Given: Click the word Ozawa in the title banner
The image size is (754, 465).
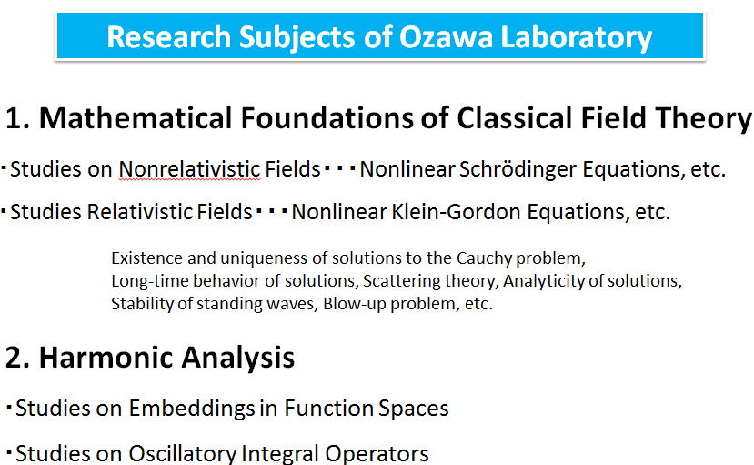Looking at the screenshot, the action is [446, 37].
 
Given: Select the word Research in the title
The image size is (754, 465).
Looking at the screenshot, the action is [169, 37].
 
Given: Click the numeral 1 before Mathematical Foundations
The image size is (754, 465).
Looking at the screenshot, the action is [14, 118].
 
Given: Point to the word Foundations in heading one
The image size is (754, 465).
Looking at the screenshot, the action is [327, 118].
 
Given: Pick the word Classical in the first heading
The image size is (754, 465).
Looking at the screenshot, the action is [515, 118].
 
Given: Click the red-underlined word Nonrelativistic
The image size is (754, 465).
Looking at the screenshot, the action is [189, 169].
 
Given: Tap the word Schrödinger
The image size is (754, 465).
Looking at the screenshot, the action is [518, 170].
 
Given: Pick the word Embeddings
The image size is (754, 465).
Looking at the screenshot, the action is [192, 409].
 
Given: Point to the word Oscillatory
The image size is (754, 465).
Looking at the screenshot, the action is [183, 453].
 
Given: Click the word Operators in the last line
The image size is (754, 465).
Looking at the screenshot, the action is [377, 454].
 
